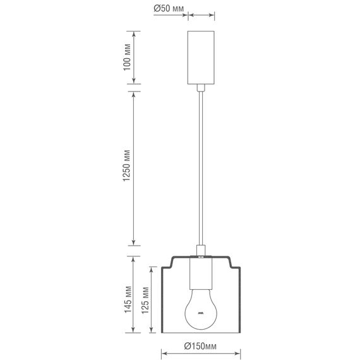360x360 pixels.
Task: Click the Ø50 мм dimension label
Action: click(x=169, y=9)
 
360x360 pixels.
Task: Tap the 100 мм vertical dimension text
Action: click(x=126, y=58)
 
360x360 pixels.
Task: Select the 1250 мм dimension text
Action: click(x=126, y=167)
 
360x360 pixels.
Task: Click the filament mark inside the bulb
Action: click(x=201, y=312)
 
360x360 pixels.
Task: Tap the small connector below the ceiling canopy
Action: click(x=201, y=88)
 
